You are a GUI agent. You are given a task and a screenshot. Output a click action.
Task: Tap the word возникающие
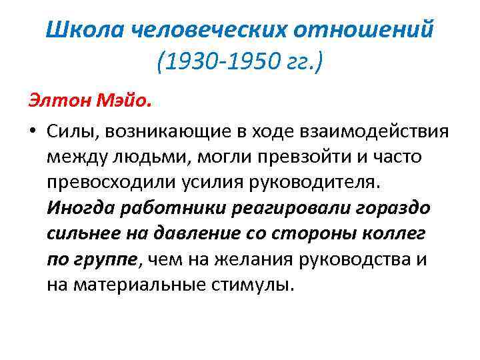pyautogui.click(x=165, y=132)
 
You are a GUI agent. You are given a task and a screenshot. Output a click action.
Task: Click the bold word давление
pyautogui.click(x=202, y=234)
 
